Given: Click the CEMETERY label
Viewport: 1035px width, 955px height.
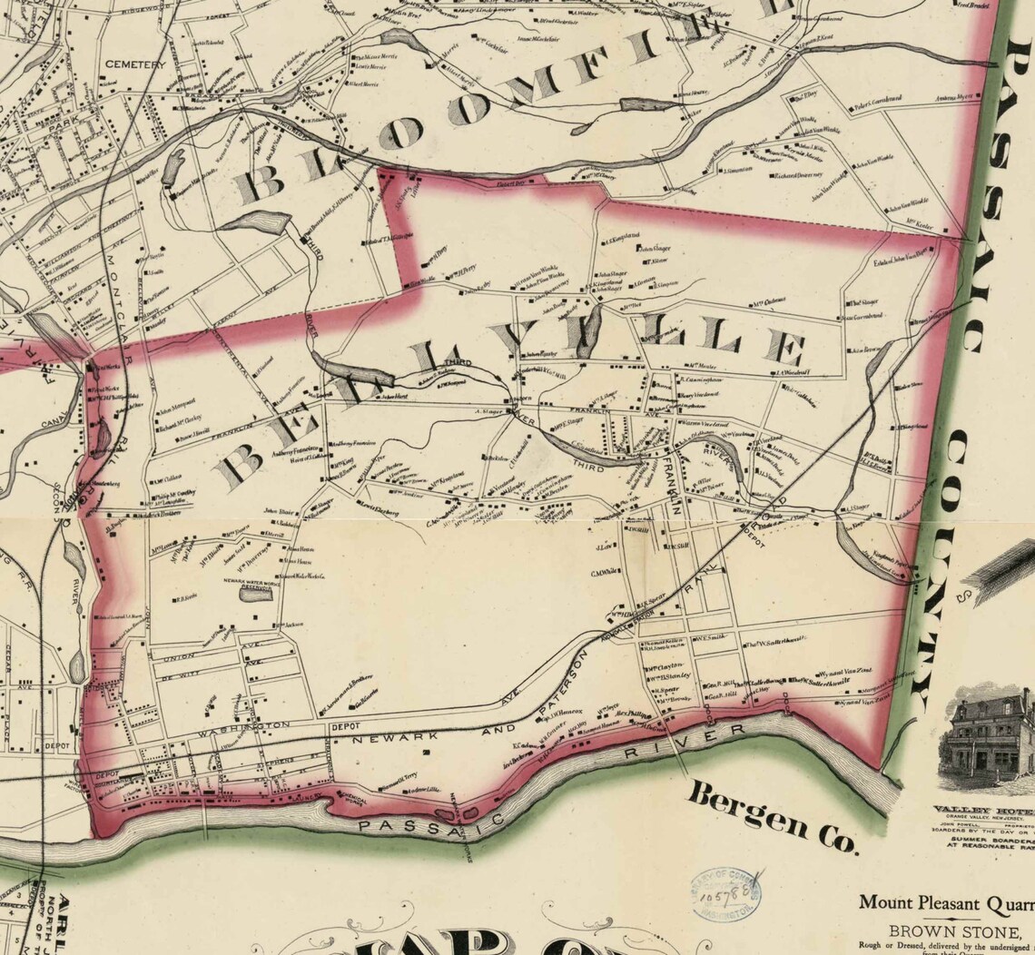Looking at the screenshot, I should (135, 64).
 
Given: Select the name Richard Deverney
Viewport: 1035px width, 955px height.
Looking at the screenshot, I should (798, 175).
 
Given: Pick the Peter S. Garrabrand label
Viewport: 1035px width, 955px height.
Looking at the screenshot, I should (876, 98).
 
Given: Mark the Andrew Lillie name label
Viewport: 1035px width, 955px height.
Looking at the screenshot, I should (422, 791).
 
